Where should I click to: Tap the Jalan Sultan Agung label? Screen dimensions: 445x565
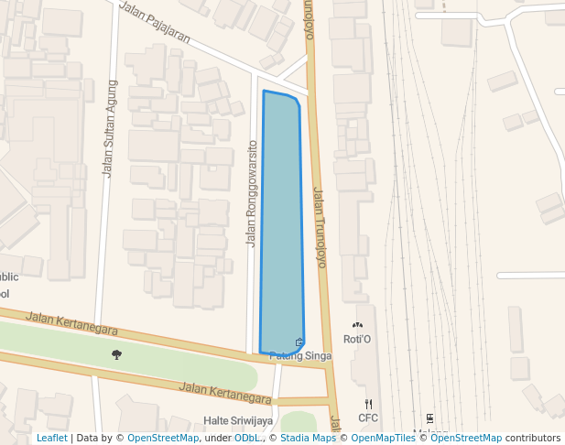[110, 128]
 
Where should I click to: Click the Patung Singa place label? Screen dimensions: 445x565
[299, 356]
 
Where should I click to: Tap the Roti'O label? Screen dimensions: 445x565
[357, 340]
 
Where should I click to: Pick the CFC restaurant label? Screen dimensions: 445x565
[368, 418]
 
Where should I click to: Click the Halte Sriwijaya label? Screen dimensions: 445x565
[237, 421]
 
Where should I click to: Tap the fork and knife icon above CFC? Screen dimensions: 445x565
[368, 404]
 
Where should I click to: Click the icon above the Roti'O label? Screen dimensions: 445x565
[357, 325]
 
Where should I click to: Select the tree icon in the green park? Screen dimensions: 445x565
[116, 354]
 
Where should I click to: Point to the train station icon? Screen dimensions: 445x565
[429, 418]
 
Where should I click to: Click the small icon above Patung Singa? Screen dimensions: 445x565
[299, 342]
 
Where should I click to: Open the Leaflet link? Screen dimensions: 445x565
[51, 438]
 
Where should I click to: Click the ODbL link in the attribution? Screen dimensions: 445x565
[247, 438]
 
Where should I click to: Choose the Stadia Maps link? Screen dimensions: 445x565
[308, 438]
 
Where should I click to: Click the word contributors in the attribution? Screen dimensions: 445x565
[533, 438]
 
